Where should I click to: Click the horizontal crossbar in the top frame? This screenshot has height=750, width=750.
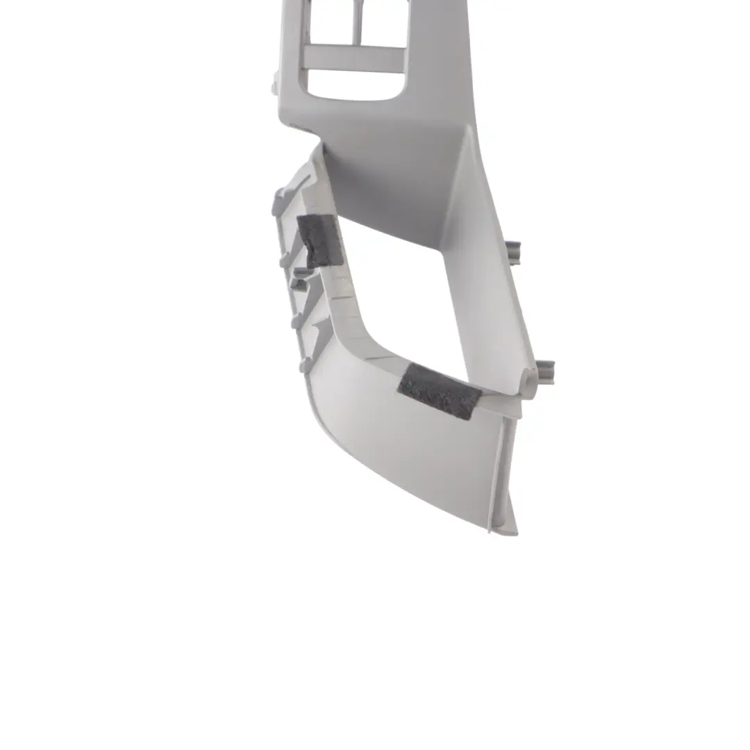(354, 58)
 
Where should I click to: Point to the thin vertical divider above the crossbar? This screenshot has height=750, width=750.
(358, 24)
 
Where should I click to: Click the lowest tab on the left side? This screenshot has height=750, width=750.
(303, 365)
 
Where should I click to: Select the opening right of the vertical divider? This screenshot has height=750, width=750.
(382, 24)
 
